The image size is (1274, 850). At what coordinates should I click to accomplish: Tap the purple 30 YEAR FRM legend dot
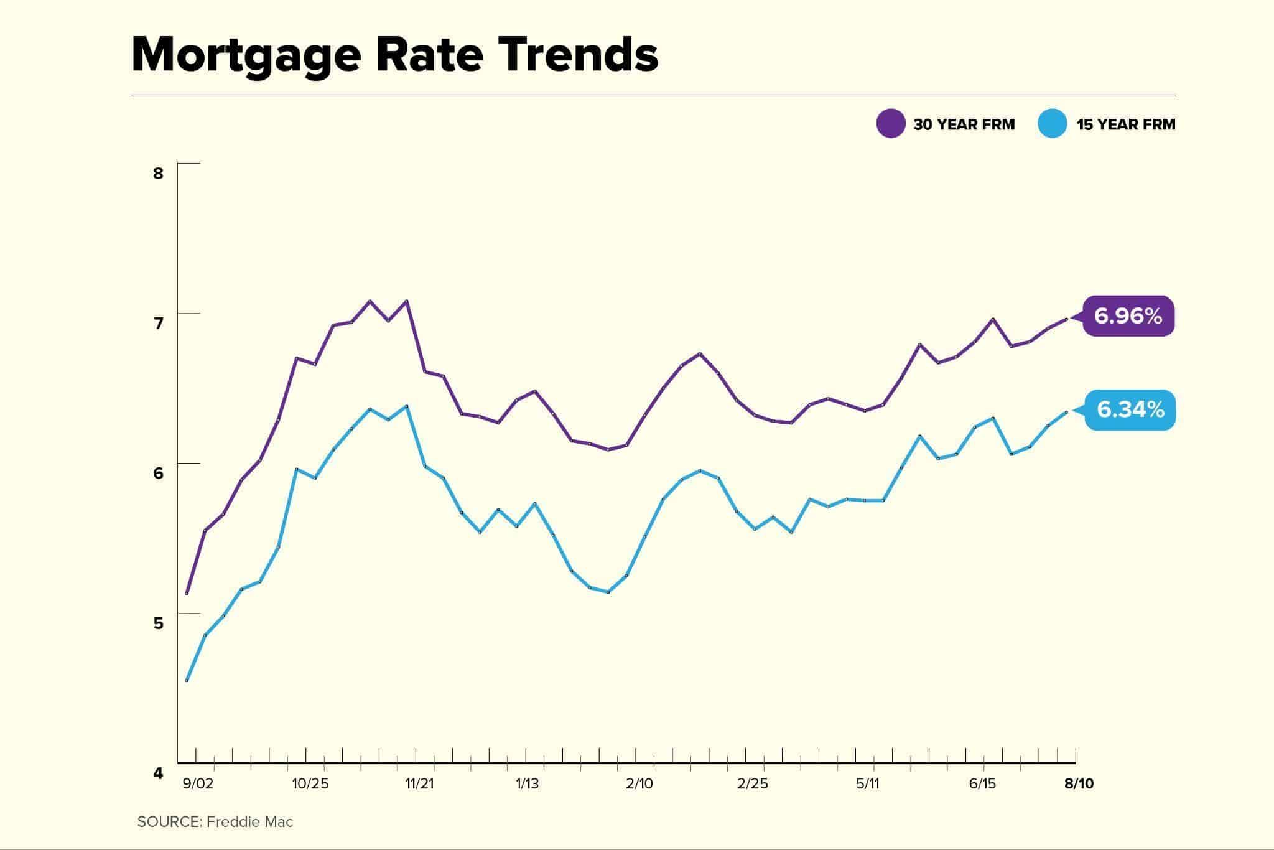click(890, 124)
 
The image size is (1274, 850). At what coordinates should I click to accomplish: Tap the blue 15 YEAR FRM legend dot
click(1053, 124)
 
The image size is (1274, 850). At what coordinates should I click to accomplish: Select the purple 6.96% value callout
click(1128, 316)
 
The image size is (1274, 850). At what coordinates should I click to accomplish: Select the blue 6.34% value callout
click(1130, 409)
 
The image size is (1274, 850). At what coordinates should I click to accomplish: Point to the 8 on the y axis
click(158, 173)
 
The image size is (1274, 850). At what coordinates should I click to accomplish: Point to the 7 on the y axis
click(158, 323)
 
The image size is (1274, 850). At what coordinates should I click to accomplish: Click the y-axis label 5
click(158, 623)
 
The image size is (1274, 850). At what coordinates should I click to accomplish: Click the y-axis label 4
click(158, 773)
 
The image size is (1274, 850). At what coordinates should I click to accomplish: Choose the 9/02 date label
click(198, 783)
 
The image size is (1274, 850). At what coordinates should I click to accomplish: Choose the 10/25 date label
click(310, 783)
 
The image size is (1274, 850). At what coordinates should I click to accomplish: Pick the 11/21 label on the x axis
click(420, 783)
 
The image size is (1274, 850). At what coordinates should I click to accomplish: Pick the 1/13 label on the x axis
click(527, 783)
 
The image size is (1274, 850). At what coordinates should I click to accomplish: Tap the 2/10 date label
click(639, 783)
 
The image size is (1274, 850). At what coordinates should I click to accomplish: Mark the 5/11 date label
click(867, 783)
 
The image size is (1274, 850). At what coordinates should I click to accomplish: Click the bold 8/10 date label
click(1079, 783)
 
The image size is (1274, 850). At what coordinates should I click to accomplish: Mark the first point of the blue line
click(187, 681)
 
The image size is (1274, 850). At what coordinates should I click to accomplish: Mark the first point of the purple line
click(187, 594)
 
